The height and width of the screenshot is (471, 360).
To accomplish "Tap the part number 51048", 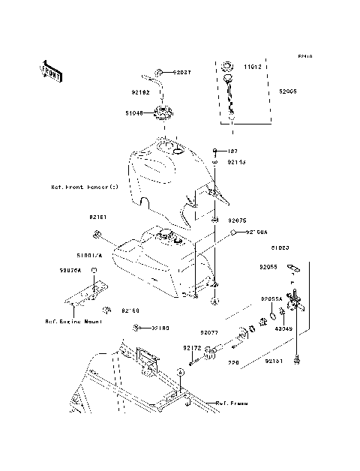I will (x=135, y=113).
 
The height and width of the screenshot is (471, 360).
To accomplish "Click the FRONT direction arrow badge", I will (x=51, y=71).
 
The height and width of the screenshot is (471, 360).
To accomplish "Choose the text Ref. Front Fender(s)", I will (x=85, y=187).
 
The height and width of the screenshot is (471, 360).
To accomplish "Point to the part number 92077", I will (x=208, y=331).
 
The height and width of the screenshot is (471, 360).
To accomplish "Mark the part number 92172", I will (x=191, y=348).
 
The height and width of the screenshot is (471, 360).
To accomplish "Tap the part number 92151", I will (x=274, y=361).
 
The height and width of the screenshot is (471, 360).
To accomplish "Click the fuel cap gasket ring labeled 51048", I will (x=160, y=115).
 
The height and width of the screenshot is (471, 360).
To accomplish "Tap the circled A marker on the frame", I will (x=180, y=373).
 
